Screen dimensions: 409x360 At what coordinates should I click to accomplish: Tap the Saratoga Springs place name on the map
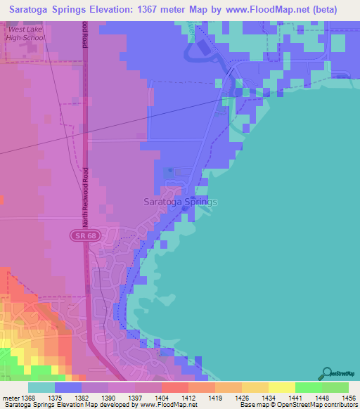click(x=181, y=202)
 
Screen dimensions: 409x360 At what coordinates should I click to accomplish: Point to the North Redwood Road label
click(x=84, y=196)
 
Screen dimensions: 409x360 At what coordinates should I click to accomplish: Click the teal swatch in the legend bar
click(x=41, y=387)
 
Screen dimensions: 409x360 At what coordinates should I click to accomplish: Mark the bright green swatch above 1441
click(x=308, y=387)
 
